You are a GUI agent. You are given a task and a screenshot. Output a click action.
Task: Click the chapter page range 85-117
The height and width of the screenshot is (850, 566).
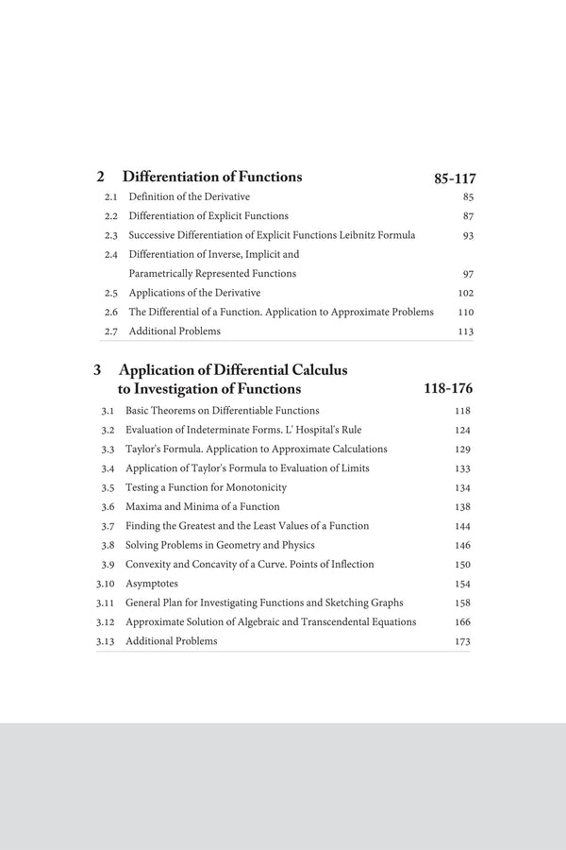click(x=455, y=178)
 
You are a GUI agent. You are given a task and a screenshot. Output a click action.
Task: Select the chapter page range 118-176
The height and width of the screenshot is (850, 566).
click(x=449, y=389)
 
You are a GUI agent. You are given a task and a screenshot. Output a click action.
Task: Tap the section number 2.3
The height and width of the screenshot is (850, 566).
click(x=110, y=235)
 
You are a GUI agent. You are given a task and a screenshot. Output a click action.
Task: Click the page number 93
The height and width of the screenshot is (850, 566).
click(x=468, y=235)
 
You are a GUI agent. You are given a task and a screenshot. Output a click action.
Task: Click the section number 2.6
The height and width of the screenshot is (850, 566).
click(x=110, y=312)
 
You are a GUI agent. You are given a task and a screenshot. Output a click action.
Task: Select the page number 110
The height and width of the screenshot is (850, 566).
click(x=465, y=312)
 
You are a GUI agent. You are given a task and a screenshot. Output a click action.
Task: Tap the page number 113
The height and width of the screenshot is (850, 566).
click(x=465, y=331)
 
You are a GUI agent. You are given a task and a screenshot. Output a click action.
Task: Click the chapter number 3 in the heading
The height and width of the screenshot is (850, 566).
click(x=97, y=370)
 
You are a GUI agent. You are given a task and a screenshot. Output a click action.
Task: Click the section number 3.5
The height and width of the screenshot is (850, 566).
click(x=108, y=487)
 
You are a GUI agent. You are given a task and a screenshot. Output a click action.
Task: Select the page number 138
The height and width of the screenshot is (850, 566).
click(x=462, y=507)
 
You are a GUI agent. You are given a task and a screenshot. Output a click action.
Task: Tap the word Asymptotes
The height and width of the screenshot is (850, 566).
click(x=151, y=584)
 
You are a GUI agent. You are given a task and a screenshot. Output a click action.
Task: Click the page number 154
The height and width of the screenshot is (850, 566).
click(x=462, y=585)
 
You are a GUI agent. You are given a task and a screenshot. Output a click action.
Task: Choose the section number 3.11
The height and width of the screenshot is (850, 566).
click(x=105, y=603)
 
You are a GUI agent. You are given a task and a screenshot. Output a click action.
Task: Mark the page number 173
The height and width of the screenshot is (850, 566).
click(x=462, y=642)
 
